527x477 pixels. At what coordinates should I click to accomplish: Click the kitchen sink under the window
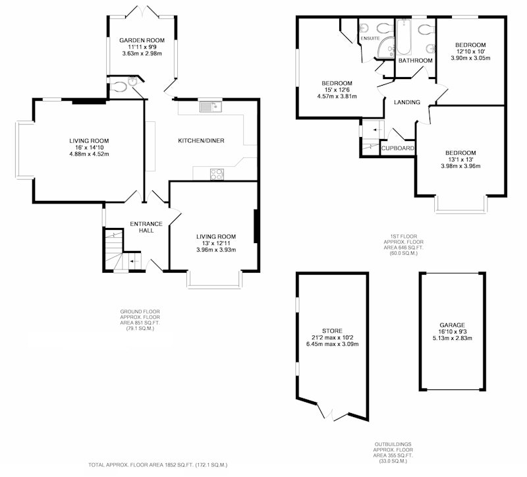tap(211, 107)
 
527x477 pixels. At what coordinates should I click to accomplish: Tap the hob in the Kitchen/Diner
tap(217, 174)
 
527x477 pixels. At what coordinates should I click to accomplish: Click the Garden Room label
tap(142, 40)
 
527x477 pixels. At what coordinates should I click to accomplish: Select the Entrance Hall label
tap(146, 227)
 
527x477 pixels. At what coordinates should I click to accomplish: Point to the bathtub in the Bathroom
tap(404, 37)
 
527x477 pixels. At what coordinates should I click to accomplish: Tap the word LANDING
tap(407, 102)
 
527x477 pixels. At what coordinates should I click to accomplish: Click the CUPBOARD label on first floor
tap(398, 148)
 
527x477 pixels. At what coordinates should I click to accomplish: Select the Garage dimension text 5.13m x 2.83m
tap(453, 338)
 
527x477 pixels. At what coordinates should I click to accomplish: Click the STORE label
tap(332, 331)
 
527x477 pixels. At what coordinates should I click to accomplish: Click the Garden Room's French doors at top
tap(142, 11)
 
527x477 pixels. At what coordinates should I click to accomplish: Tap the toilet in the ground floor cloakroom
tap(118, 87)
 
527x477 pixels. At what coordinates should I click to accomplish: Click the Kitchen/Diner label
tap(201, 140)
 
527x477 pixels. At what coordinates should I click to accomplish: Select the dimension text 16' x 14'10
tap(89, 147)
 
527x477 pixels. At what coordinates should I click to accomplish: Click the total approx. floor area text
tap(158, 465)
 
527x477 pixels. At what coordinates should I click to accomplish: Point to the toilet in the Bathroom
tap(427, 29)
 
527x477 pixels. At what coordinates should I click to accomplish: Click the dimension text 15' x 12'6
tap(337, 90)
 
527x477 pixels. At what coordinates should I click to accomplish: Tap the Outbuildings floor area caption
tap(393, 453)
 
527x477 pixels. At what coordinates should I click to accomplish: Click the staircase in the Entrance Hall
tap(122, 250)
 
